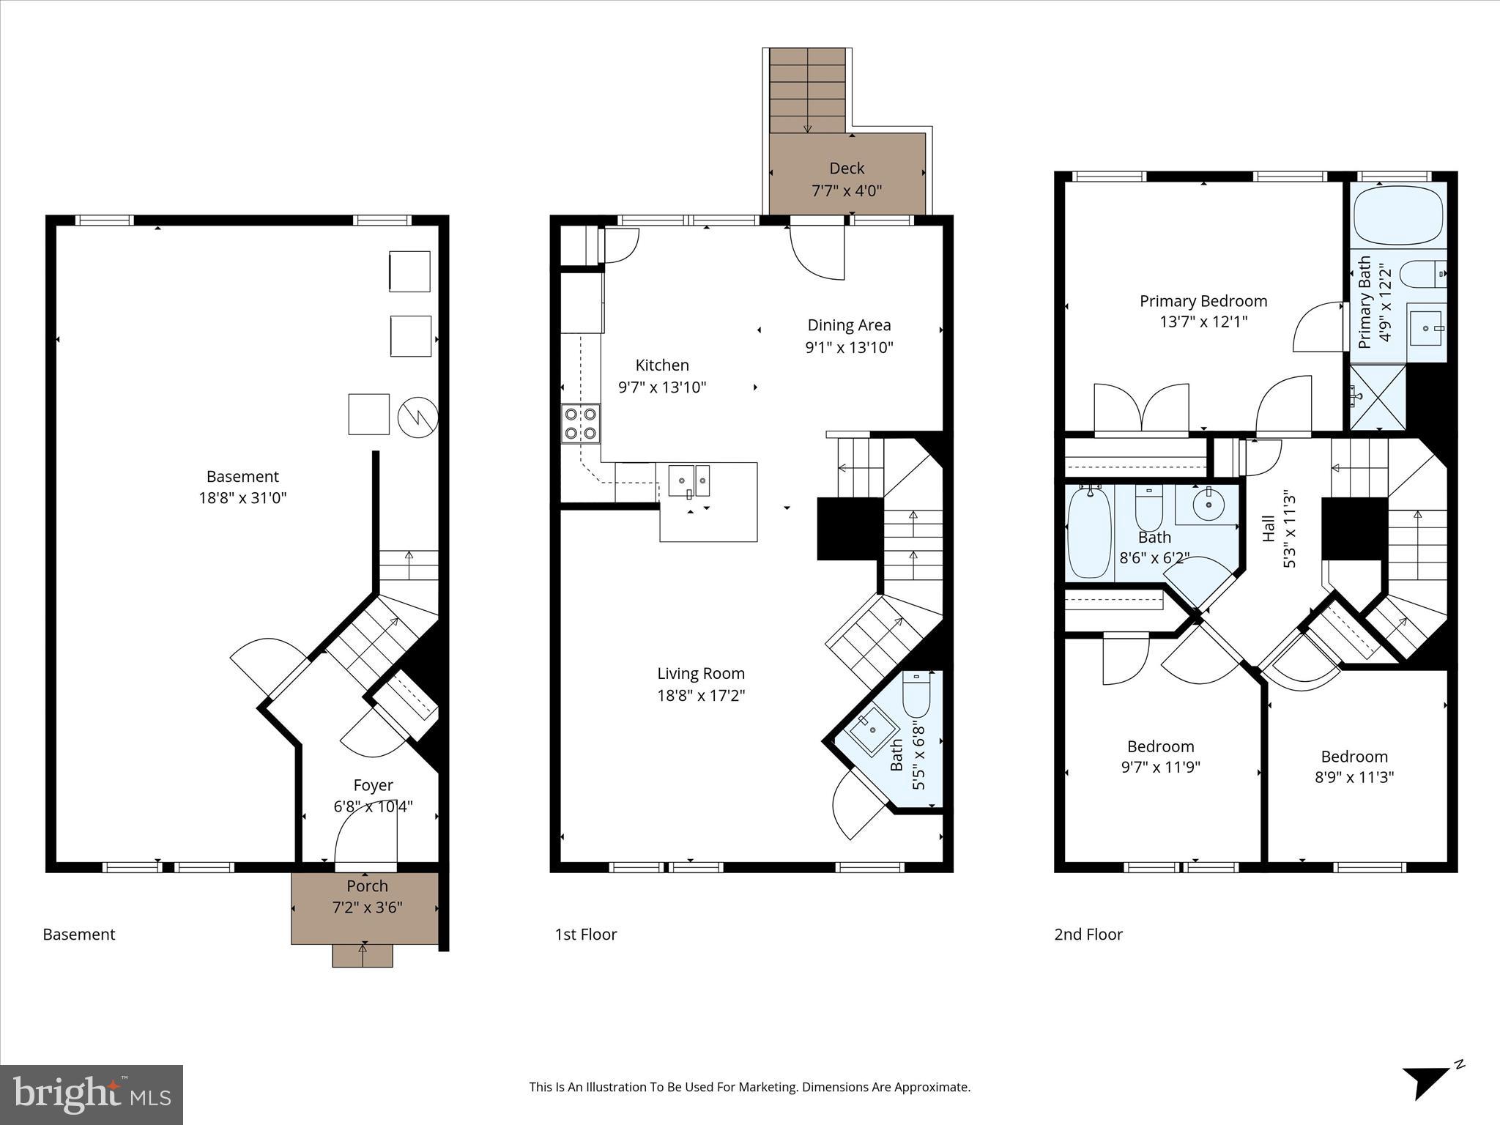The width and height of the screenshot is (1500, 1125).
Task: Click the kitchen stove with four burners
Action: coord(580,423)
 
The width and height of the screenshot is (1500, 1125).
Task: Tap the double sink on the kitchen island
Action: coord(688,480)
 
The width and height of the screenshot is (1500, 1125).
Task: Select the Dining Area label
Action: coord(849,325)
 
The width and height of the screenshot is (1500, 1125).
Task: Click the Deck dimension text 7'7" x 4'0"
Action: coord(847,191)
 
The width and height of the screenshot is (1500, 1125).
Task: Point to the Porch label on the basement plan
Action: coord(367,886)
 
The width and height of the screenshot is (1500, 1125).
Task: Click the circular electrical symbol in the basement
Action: coord(417,417)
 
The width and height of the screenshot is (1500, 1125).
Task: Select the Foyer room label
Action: coord(373,785)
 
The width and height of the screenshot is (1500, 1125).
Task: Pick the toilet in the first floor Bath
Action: coord(916,696)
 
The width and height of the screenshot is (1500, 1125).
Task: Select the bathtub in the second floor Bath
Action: coord(1090,532)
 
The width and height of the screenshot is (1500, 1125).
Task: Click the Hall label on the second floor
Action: coord(1269,529)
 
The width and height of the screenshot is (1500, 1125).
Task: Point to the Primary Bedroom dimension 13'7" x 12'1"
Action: coord(1203,322)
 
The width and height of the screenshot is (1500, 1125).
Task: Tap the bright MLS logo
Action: coord(92,1094)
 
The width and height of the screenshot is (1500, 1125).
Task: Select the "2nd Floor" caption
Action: coord(1088,935)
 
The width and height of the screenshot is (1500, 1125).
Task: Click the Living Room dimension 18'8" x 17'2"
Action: coord(701,695)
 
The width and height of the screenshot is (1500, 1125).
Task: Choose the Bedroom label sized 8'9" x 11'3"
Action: coord(1354,757)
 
